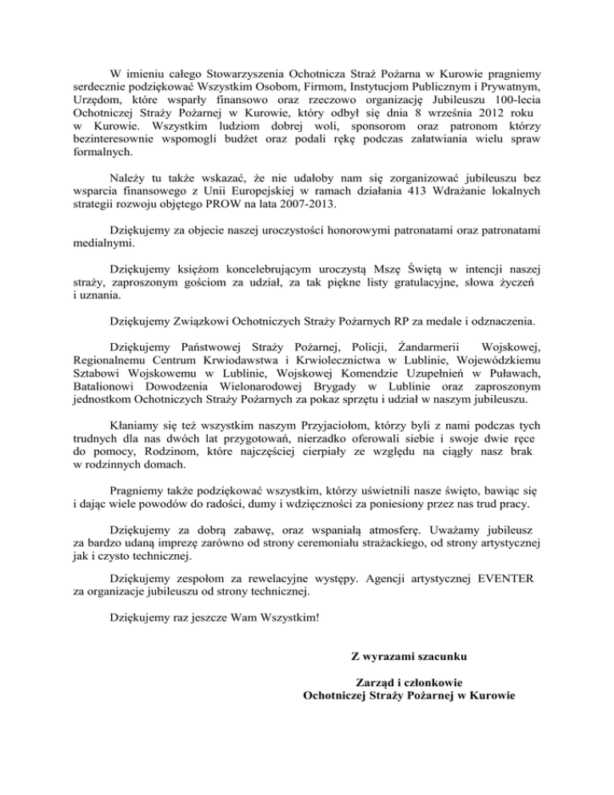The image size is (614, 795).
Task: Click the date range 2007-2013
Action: (320, 209)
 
